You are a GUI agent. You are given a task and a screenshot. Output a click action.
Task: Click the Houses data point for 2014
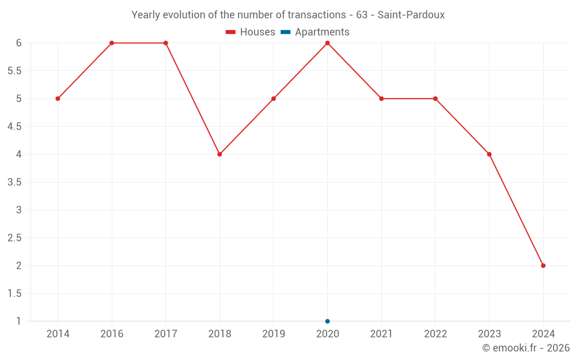click(x=58, y=98)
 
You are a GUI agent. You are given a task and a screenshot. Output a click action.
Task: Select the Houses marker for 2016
click(x=112, y=43)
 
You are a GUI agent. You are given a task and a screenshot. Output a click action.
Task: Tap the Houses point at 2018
click(x=219, y=154)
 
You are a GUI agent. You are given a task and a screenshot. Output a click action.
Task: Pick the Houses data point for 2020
click(x=327, y=43)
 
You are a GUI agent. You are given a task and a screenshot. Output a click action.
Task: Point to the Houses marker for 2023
click(x=489, y=154)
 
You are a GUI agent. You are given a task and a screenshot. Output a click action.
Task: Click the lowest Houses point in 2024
click(x=543, y=266)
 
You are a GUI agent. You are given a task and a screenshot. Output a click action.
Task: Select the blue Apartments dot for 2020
click(x=327, y=321)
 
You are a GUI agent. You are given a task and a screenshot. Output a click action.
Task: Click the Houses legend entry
click(x=251, y=32)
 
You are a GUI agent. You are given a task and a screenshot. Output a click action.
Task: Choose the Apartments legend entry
click(x=315, y=32)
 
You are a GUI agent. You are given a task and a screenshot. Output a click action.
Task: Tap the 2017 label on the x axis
click(x=165, y=334)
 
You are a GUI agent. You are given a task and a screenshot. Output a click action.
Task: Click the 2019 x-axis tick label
click(x=274, y=334)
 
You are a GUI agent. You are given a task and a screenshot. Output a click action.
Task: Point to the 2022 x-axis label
click(x=435, y=334)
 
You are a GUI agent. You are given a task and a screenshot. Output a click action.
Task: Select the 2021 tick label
click(x=381, y=334)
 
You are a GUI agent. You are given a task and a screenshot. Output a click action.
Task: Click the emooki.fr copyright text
click(x=526, y=348)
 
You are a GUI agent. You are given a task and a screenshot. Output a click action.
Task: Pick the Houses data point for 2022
click(x=435, y=98)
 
